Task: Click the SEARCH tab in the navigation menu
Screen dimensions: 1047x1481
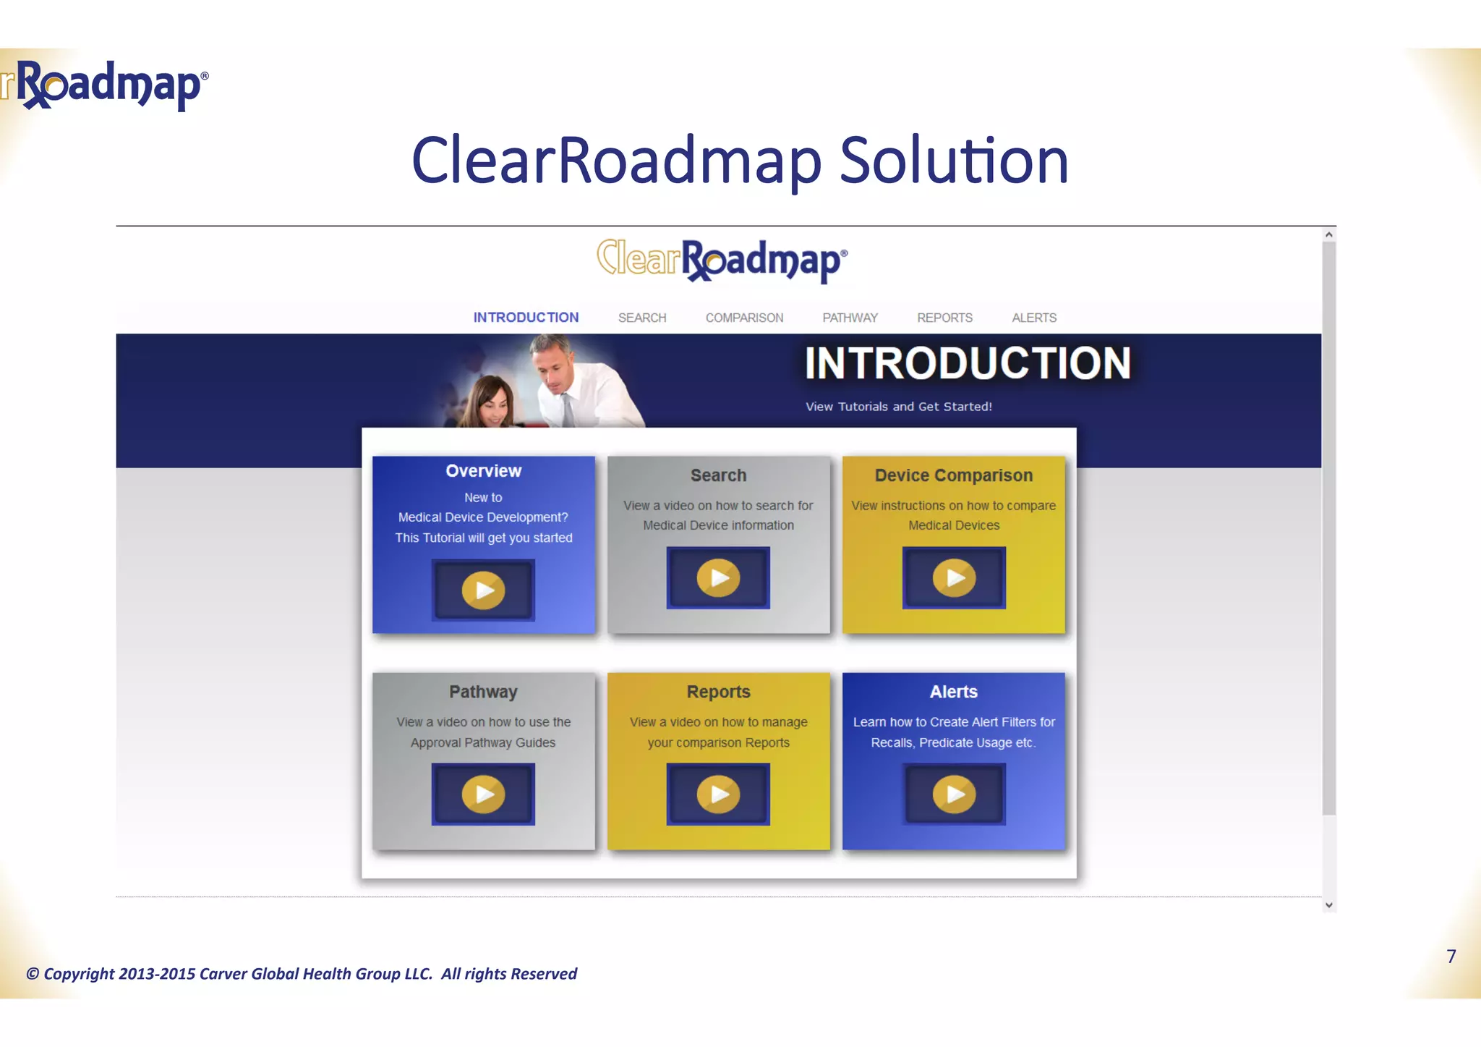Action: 642,318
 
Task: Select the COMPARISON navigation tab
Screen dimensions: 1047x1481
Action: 744,318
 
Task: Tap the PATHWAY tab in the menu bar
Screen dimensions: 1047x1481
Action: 850,318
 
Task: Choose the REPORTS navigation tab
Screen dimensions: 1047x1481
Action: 944,318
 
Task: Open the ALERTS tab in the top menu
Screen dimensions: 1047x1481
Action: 1034,318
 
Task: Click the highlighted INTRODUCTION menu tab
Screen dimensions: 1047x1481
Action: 526,318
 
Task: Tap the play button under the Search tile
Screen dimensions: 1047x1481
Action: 718,577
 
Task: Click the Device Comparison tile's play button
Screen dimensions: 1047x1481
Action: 954,577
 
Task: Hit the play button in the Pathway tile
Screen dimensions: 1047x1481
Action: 483,794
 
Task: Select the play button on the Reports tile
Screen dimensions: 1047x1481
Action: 718,794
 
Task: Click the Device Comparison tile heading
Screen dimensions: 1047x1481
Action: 953,475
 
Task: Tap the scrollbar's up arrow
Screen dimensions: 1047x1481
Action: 1328,234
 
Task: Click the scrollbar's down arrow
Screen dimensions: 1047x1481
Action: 1328,904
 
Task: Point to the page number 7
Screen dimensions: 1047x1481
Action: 1451,957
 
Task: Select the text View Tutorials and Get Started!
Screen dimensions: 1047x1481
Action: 898,407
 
